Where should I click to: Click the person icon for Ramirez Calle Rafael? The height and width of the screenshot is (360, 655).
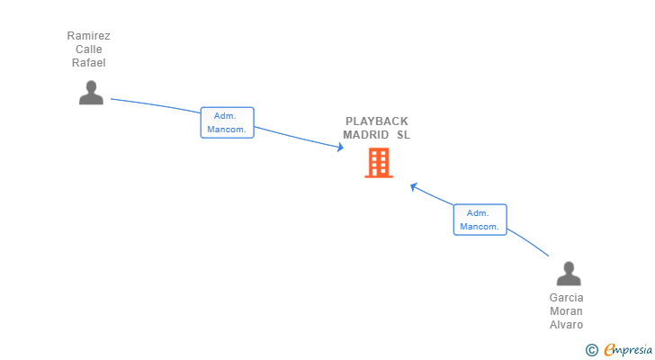point(91,94)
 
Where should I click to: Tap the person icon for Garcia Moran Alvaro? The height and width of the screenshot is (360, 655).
point(568,274)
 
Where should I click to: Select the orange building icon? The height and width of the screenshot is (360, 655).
point(379,163)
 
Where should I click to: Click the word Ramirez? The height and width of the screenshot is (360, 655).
point(89,36)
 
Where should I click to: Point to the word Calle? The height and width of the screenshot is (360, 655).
point(89,49)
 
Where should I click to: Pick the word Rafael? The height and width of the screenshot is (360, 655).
point(89,63)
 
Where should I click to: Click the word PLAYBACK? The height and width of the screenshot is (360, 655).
point(377,121)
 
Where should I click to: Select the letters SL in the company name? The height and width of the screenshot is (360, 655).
point(403,135)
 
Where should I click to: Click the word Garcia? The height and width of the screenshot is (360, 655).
point(567,298)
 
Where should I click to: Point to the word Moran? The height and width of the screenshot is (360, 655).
point(567,311)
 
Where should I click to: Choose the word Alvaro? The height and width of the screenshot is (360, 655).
point(567,325)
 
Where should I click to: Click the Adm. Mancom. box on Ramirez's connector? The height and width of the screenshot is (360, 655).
point(227,122)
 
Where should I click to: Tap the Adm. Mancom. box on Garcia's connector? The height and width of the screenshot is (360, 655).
point(480,220)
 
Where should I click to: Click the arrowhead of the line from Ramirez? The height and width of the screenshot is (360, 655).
point(340,148)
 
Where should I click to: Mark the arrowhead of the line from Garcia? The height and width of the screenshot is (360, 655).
point(414,186)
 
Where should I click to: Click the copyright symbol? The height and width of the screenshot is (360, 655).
point(591,350)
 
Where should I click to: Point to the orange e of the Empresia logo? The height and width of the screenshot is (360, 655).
point(610,350)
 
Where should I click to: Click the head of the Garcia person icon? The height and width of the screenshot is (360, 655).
point(568,267)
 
